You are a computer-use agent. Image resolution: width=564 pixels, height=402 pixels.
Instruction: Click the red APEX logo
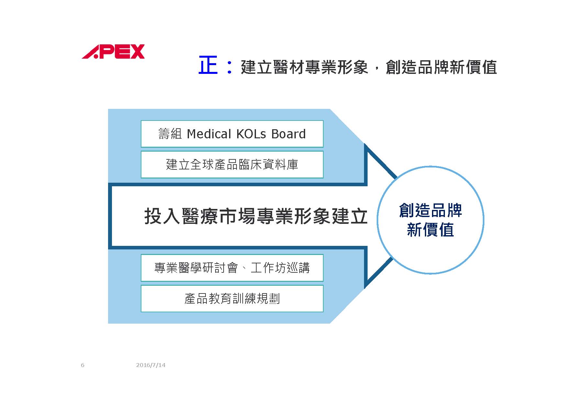[x=113, y=52]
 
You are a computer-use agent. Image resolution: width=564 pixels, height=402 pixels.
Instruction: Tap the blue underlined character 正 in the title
[x=208, y=65]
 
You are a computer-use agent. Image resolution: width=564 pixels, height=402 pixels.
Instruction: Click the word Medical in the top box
[x=209, y=134]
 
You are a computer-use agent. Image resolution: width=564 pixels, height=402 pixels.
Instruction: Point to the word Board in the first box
[x=288, y=134]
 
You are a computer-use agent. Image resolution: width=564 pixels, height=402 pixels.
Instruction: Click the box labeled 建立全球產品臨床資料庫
[x=232, y=165]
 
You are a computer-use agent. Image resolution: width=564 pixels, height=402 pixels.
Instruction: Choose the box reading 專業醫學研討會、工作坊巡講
[x=232, y=268]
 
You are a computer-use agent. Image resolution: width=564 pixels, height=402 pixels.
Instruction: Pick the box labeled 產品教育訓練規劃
[x=232, y=299]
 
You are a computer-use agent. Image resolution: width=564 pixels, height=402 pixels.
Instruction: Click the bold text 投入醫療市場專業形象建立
[x=256, y=216]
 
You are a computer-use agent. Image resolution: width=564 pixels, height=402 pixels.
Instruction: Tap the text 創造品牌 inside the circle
[x=430, y=211]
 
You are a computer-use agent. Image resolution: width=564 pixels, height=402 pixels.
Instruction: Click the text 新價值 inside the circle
[x=430, y=230]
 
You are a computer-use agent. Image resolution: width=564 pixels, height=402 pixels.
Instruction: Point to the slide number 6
[x=83, y=365]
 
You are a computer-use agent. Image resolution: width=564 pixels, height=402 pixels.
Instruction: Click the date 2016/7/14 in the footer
[x=151, y=365]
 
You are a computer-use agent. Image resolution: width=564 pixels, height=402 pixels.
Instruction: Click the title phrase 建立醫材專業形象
[x=304, y=67]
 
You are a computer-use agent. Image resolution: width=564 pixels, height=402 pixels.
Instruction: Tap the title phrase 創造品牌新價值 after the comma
[x=441, y=67]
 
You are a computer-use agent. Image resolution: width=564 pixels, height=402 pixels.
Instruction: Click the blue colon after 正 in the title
[x=229, y=66]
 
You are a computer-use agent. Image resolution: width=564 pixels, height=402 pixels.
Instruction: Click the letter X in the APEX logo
[x=137, y=52]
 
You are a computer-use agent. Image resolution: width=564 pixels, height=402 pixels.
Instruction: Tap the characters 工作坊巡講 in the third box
[x=280, y=268]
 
